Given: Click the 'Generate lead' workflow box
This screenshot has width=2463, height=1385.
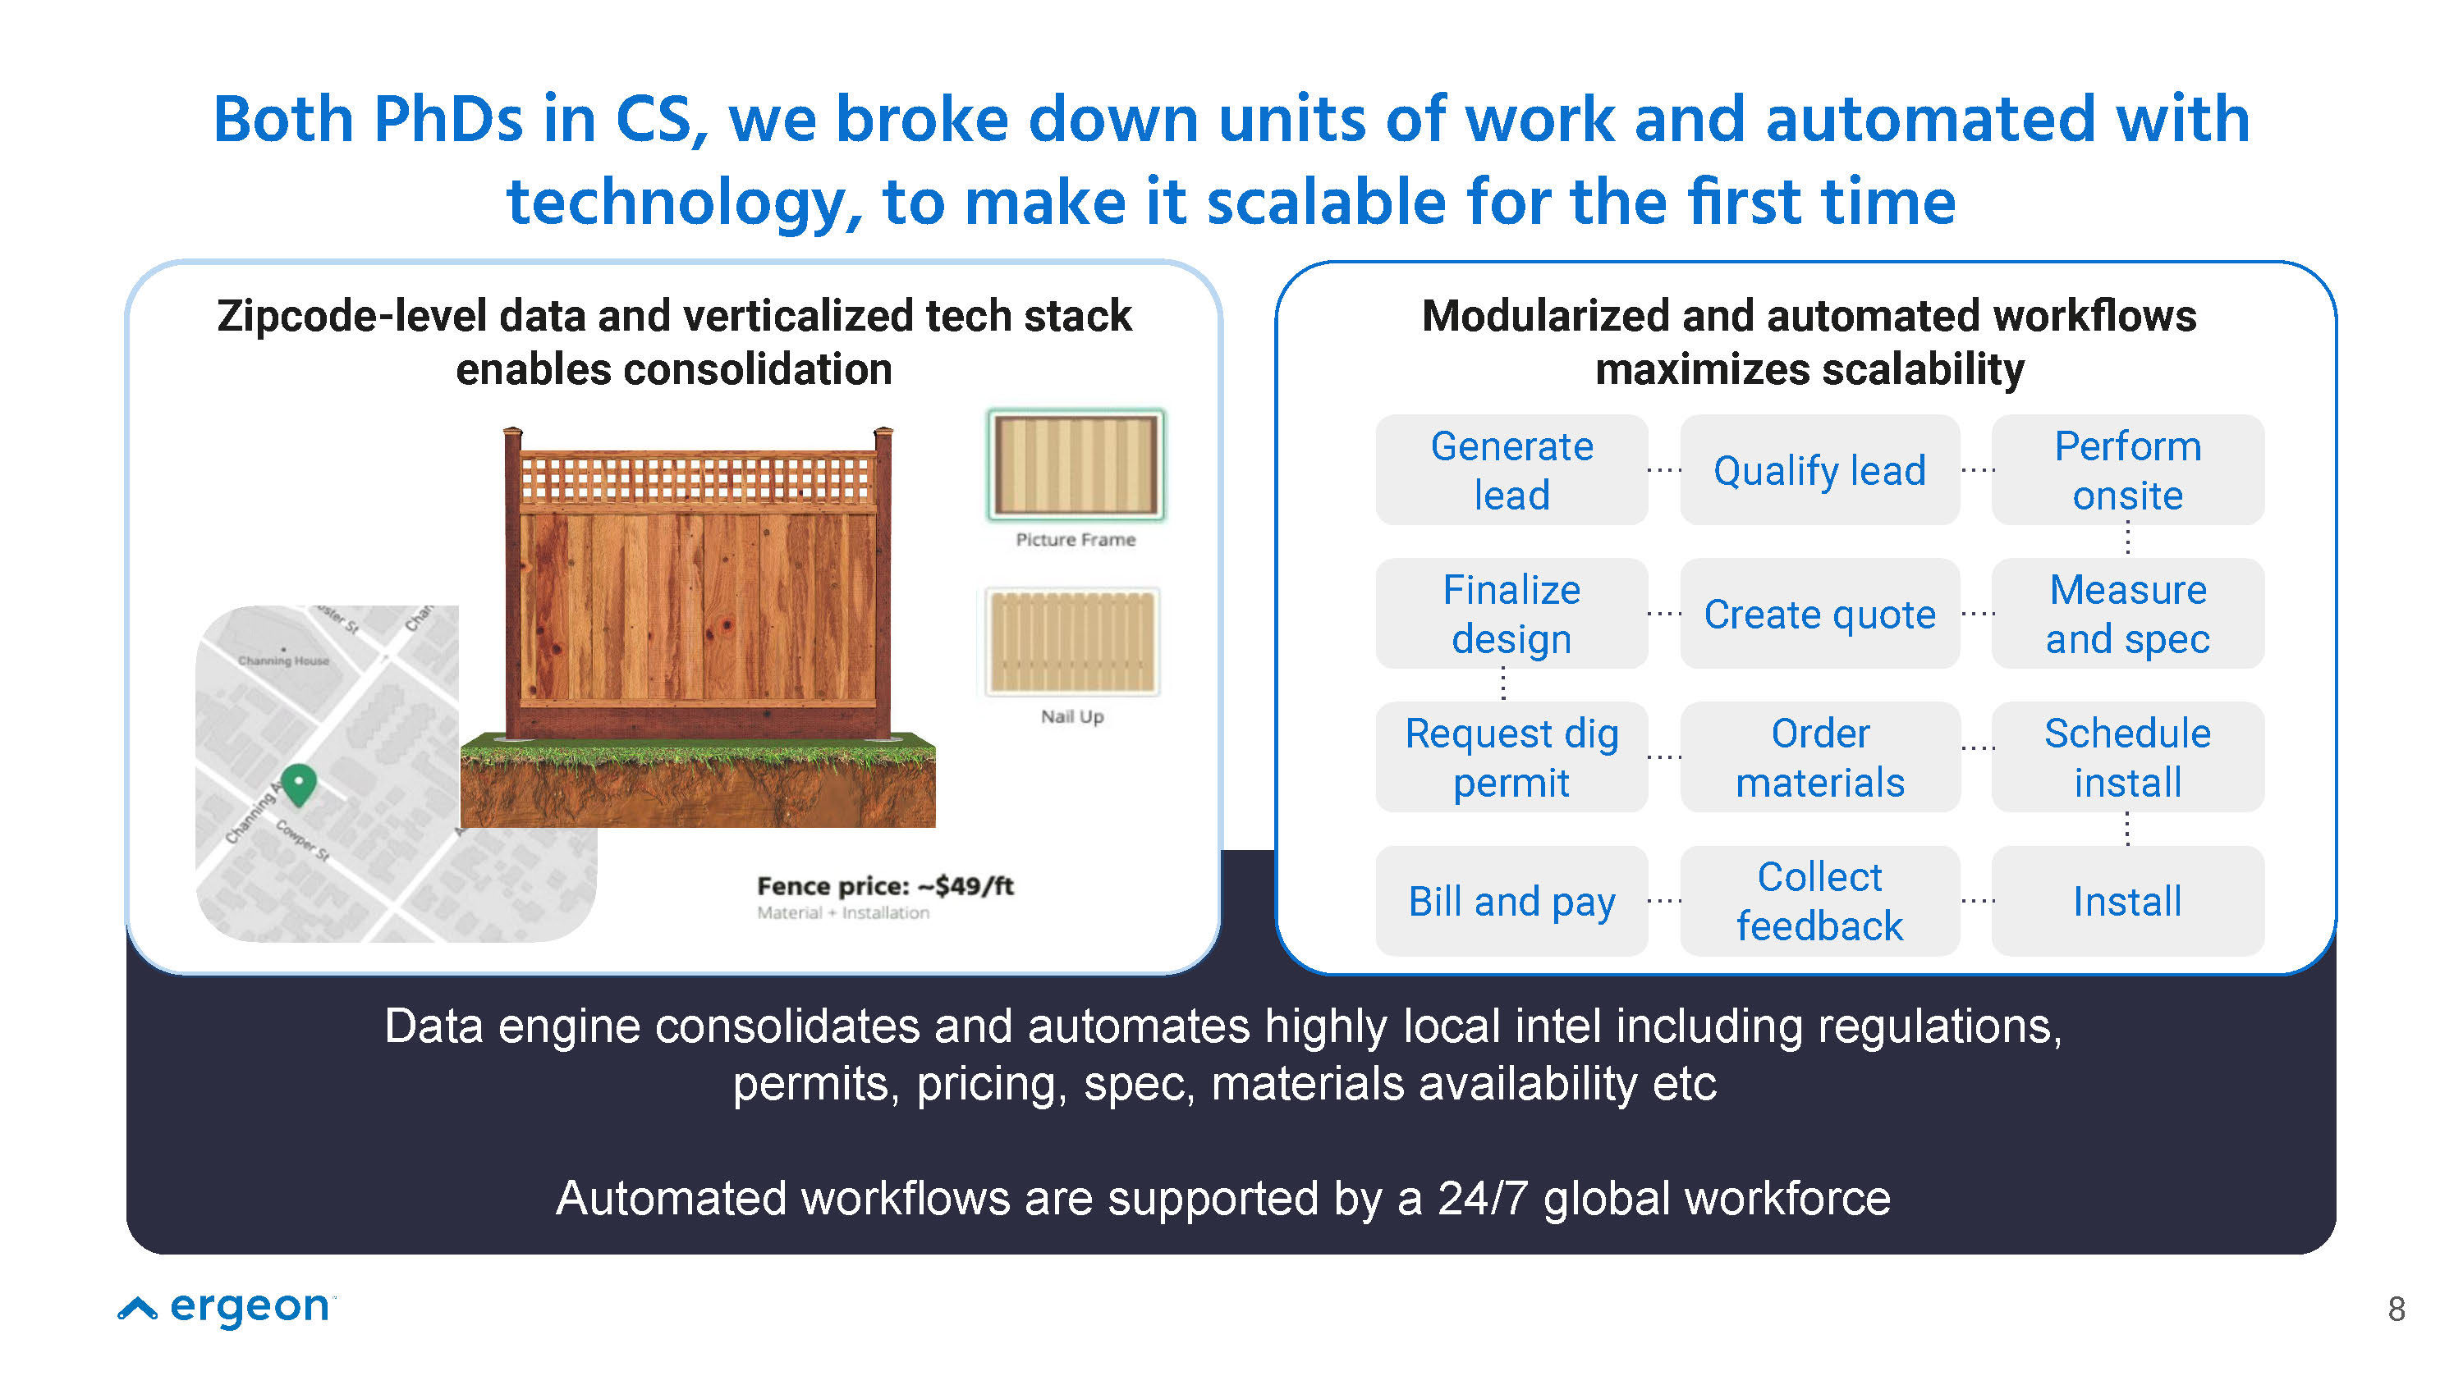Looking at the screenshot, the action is (1511, 469).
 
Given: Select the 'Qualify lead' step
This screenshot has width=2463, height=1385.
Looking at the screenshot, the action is (1819, 469).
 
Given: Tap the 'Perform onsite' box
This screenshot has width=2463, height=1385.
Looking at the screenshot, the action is (2127, 469).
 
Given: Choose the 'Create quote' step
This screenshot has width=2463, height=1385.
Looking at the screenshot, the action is (1819, 614).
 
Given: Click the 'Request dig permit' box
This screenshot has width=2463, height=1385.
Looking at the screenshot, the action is (1511, 757).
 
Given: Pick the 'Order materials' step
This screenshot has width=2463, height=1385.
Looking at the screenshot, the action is (1819, 757).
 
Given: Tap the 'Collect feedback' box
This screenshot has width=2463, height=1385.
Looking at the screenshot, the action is (1819, 900).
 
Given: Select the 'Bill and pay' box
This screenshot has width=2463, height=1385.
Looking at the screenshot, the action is (1511, 900).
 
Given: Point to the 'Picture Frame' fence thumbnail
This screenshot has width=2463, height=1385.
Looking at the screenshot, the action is (1076, 465).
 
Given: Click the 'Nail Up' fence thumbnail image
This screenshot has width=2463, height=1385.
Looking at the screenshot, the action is (1073, 642).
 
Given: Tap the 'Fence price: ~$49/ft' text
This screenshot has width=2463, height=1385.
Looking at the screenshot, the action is (885, 886).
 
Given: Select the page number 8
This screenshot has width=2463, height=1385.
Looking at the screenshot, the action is (2396, 1309).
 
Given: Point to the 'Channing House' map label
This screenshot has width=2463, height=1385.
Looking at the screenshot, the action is (283, 661).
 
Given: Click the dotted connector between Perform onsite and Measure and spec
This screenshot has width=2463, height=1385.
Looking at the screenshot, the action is (2127, 539).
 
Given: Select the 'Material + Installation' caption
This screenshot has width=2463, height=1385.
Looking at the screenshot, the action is (842, 913).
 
